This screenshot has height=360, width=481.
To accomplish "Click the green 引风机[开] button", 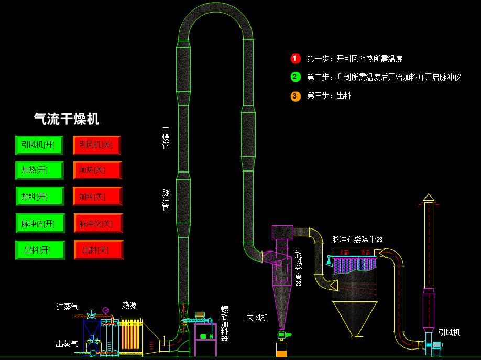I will (39, 145).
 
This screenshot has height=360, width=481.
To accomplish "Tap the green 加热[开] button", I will (39, 170).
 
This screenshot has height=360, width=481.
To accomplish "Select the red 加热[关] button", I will (97, 170).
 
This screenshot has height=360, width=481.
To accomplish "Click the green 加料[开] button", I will (39, 197).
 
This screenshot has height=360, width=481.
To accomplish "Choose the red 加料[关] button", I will (97, 197).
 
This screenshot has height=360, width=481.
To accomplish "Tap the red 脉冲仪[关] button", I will (97, 224).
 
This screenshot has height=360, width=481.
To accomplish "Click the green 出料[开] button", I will (39, 250).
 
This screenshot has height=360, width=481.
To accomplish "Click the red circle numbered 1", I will (296, 59).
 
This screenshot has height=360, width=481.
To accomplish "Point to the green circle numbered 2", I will (296, 77).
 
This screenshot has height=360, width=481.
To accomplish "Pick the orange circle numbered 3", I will (296, 95).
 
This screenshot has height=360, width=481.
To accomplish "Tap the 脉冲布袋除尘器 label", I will (357, 239).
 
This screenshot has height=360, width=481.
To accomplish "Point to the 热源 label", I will (129, 305).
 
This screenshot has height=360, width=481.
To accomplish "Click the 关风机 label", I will (257, 318).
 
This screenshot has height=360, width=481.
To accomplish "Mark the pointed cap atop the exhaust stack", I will (429, 197).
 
